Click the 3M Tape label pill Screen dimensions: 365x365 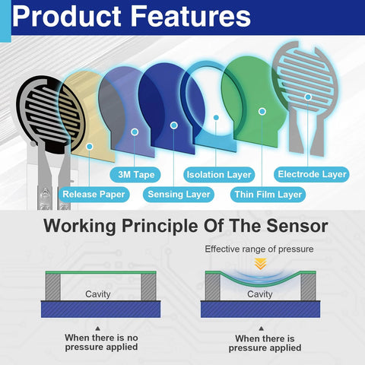pos(135,175)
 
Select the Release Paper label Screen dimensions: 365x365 pos(94,195)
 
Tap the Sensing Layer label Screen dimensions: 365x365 pos(179,195)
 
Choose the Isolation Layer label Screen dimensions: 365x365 pos(219,175)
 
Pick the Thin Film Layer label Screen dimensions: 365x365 pos(268,195)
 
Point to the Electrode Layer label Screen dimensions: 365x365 pos(312,174)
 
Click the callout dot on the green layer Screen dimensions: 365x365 pos(262,111)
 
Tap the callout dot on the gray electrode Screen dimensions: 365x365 pos(308,97)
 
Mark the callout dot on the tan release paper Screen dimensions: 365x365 pos(90,146)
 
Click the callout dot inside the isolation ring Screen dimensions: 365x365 pos(216,117)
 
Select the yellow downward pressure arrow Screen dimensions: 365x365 pos(260,264)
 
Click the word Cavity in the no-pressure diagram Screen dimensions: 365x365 pos(98,294)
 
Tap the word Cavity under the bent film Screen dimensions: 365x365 pos(260,294)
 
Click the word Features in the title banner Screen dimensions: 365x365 pos(191,16)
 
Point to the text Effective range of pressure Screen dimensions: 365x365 pos(259,249)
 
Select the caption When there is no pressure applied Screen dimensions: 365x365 pos(101,342)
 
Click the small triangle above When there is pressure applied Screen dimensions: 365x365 pos(261,328)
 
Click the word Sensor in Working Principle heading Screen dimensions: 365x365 pos(297,226)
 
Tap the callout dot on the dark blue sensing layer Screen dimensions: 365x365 pos(174,125)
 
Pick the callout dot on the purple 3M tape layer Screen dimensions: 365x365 pos(135,132)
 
